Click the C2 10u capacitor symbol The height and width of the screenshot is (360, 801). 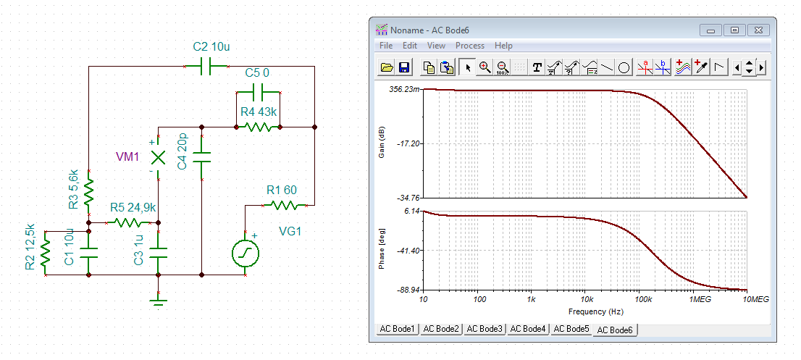[x=206, y=67]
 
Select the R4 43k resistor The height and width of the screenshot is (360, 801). [x=258, y=127]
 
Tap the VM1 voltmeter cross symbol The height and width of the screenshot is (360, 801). [x=159, y=157]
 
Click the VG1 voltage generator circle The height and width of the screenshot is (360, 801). [x=246, y=253]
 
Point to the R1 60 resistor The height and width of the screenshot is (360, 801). [x=285, y=205]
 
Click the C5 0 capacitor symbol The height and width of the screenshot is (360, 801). [x=258, y=93]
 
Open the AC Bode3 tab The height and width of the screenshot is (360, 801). [x=485, y=329]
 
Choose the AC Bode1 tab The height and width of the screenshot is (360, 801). [x=398, y=329]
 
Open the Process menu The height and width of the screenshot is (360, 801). [x=470, y=46]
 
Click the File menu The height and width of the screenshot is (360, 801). [x=386, y=46]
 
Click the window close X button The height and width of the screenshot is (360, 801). [x=758, y=30]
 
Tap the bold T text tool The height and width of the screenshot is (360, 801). [x=537, y=67]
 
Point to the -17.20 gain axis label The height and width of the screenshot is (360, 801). [x=408, y=144]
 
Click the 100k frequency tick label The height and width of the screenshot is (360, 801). [x=639, y=298]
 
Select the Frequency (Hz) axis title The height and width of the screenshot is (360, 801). [x=595, y=311]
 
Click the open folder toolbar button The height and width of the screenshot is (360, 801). [x=387, y=67]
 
